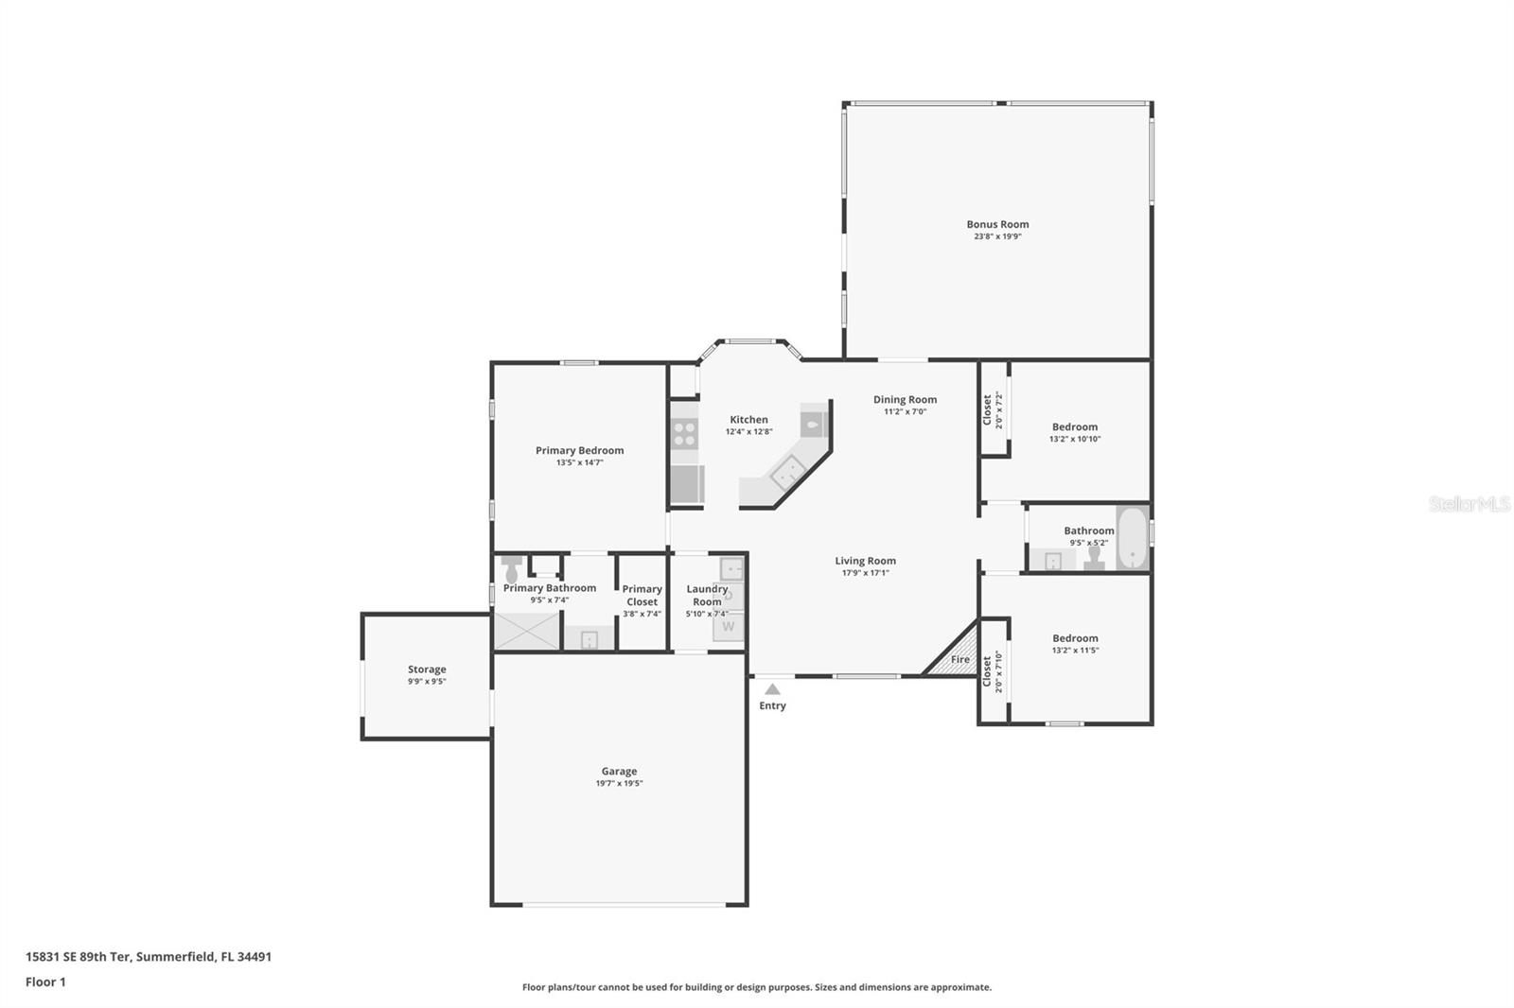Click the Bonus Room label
(997, 224)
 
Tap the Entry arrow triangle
(773, 689)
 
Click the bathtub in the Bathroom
(1132, 539)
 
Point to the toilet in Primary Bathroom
(512, 569)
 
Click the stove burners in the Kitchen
(684, 433)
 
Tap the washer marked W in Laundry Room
(728, 626)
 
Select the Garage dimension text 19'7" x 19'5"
(619, 783)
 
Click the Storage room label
(427, 669)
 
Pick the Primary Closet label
(642, 595)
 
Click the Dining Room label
(905, 399)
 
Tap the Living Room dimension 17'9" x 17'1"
(865, 572)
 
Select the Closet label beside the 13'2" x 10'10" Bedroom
(987, 409)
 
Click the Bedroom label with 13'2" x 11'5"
(1075, 638)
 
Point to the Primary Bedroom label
(579, 450)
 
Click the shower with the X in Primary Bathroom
(526, 632)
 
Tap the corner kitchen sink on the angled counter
(786, 470)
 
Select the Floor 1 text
(45, 982)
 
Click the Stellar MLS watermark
(1469, 504)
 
